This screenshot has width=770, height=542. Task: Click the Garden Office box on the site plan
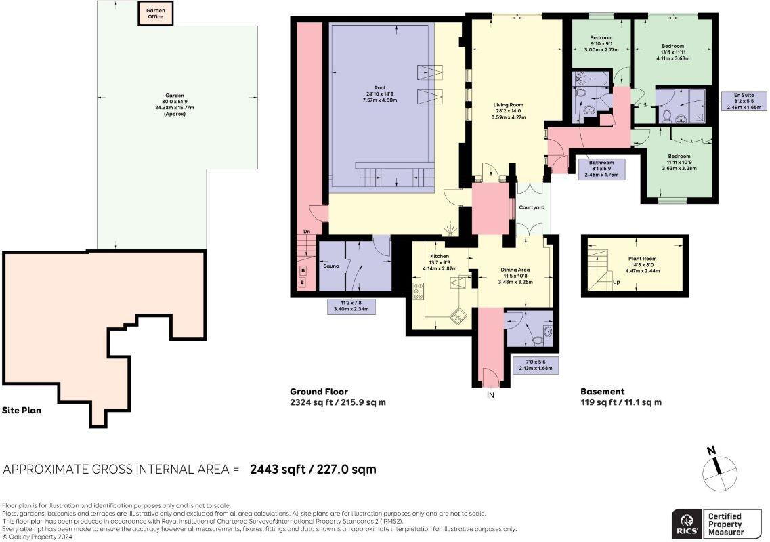(x=155, y=14)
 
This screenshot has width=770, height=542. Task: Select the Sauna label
(x=331, y=266)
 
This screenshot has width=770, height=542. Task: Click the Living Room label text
(x=509, y=104)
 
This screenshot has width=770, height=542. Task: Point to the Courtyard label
(x=532, y=207)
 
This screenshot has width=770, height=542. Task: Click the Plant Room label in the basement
(x=642, y=259)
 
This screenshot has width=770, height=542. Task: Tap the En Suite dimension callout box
(x=744, y=101)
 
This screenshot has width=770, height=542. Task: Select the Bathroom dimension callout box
(x=601, y=169)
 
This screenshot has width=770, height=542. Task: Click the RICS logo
(x=687, y=524)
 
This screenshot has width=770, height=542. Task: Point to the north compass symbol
(x=719, y=472)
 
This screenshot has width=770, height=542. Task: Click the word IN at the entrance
(x=490, y=395)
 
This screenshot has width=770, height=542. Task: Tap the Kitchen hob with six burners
(x=419, y=291)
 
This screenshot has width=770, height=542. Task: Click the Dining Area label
(x=515, y=270)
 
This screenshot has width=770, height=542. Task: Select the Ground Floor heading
(x=319, y=392)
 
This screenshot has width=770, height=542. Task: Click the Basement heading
(x=603, y=392)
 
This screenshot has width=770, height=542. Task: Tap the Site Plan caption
(x=22, y=411)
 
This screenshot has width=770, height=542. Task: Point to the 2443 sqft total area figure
(x=277, y=470)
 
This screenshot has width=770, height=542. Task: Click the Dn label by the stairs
(x=306, y=231)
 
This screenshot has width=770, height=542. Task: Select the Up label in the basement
(x=616, y=282)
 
